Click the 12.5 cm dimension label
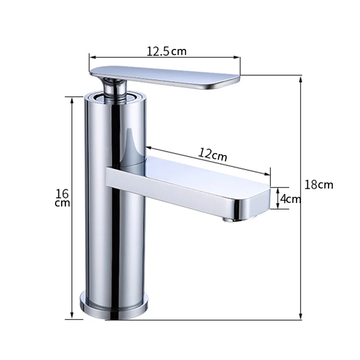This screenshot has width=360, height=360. coord(167,51)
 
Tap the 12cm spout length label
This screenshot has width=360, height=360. coord(213,155)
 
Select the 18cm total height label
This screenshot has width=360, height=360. coord(319,184)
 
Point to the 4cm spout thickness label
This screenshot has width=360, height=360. coord(291,199)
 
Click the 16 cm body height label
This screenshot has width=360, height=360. coord(62,198)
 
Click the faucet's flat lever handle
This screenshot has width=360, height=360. coord(165,77)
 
